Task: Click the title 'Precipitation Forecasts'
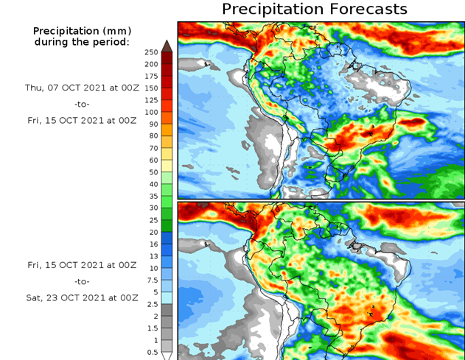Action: coord(314,10)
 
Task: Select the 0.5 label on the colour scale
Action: coord(153,352)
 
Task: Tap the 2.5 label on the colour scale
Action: coord(153,304)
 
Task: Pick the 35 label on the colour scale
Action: coord(153,196)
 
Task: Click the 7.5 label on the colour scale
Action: coord(153,280)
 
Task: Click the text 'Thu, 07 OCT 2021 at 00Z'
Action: coord(81,88)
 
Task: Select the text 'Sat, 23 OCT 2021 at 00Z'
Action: coord(81,297)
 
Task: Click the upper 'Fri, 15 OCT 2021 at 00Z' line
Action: coord(81,120)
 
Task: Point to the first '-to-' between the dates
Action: coord(81,104)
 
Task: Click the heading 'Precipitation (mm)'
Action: coord(81,31)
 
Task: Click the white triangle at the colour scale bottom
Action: coord(167,356)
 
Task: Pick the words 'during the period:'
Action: coord(81,42)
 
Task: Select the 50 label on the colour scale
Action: coord(153,172)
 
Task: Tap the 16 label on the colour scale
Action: coord(153,244)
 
